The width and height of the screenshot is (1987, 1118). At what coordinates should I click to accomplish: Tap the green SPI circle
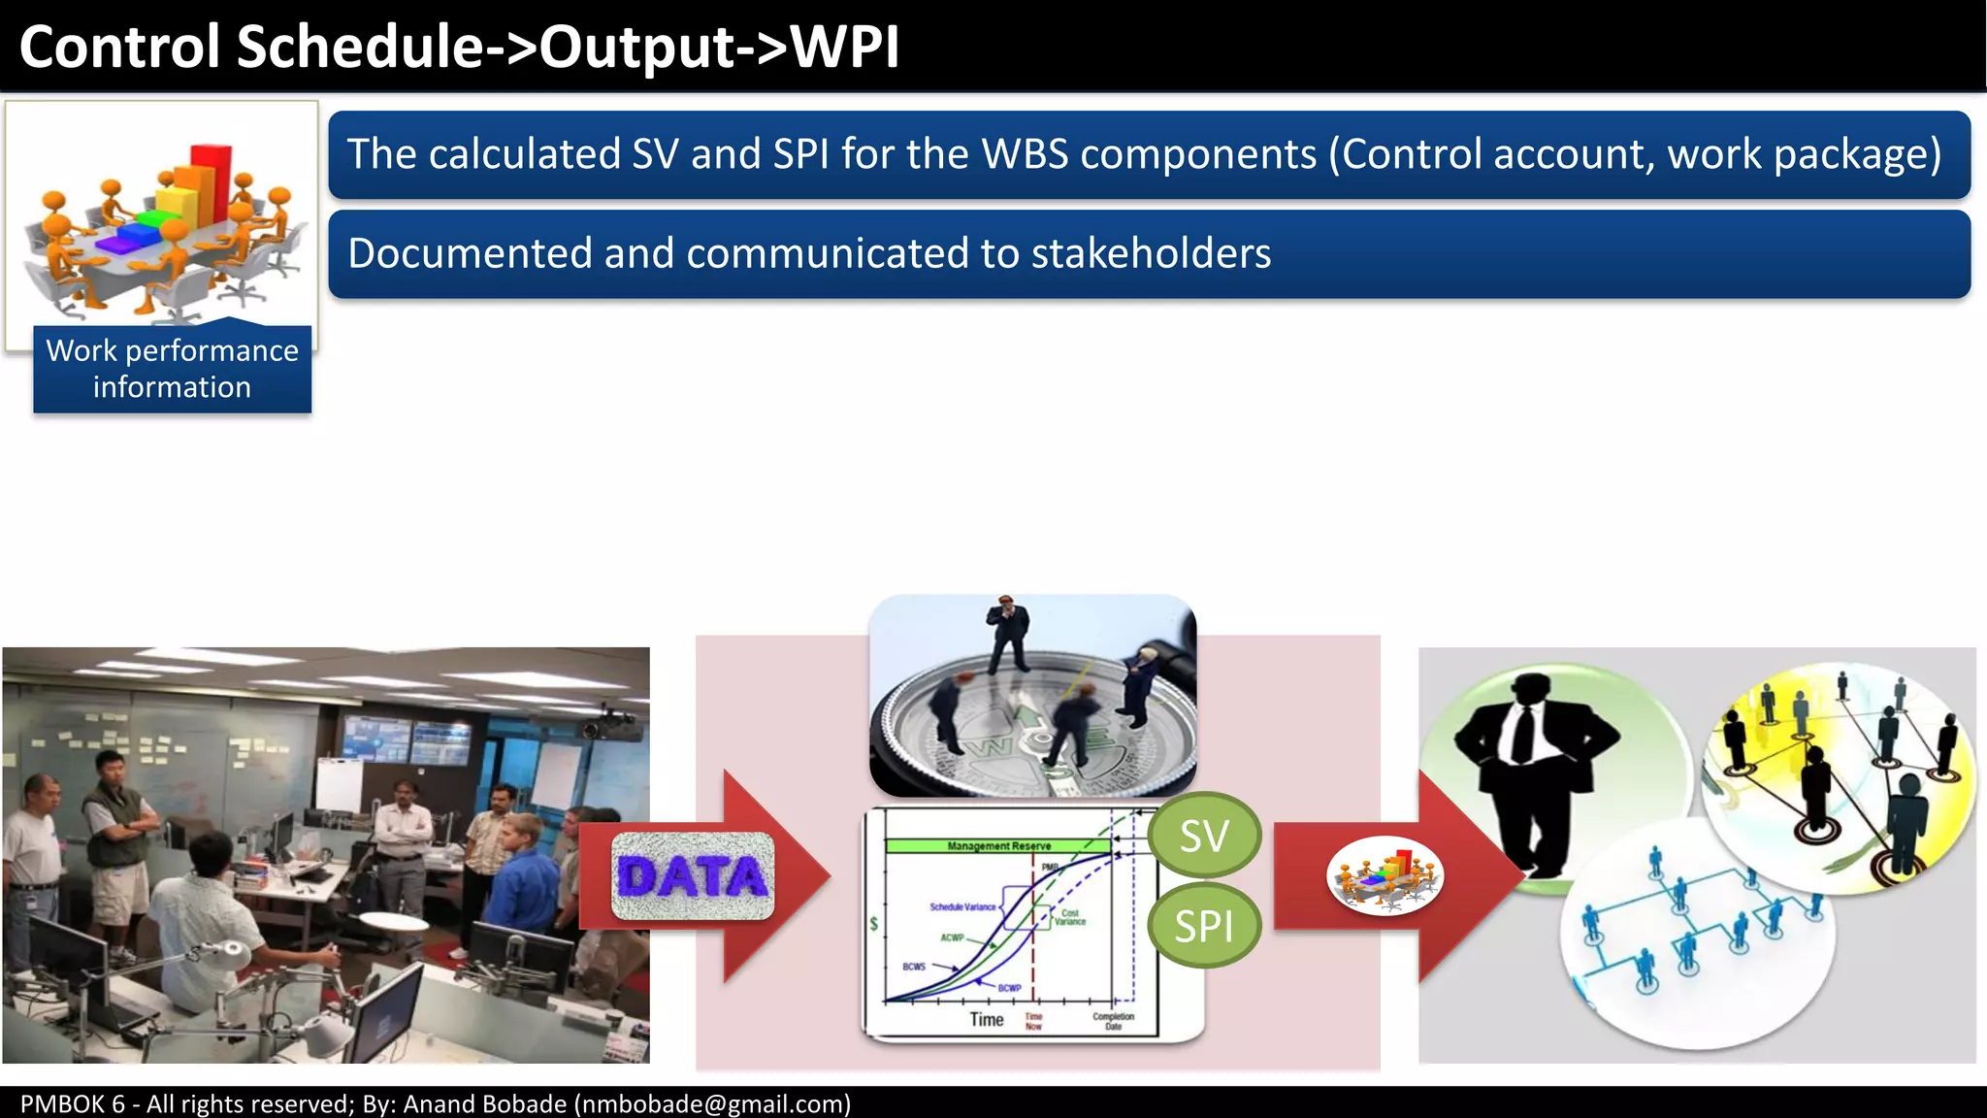(1204, 926)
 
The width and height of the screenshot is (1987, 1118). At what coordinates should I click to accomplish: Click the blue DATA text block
(693, 876)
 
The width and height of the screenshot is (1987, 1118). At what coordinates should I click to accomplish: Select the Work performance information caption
(173, 369)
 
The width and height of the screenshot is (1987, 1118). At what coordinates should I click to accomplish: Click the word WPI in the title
(845, 47)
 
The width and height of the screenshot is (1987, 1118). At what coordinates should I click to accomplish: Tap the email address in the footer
(712, 1103)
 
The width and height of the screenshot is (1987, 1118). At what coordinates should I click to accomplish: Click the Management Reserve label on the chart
(998, 846)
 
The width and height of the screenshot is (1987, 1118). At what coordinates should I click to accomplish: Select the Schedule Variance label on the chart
(962, 906)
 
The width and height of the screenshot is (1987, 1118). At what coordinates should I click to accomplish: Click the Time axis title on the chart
(986, 1019)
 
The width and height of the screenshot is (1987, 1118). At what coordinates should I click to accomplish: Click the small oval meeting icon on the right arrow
(1384, 876)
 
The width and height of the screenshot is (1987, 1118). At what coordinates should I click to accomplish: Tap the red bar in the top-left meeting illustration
(211, 180)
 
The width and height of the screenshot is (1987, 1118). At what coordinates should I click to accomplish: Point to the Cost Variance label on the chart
(1069, 917)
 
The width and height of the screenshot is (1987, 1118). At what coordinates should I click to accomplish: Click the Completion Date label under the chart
(1113, 1021)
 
